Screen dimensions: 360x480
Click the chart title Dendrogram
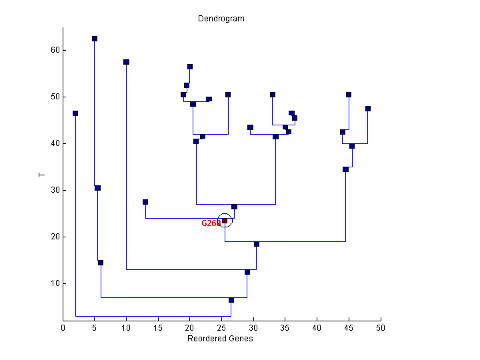tap(221, 19)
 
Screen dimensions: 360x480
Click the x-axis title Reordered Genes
tap(221, 338)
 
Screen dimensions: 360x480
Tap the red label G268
tap(211, 223)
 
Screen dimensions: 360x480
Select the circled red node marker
tap(225, 221)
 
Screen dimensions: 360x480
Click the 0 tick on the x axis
tap(63, 327)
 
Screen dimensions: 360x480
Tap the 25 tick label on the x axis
tap(221, 327)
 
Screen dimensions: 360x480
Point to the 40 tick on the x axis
tap(317, 327)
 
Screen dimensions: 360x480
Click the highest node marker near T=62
tap(95, 39)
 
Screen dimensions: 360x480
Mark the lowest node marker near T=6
tap(231, 300)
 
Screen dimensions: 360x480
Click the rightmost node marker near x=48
tap(368, 109)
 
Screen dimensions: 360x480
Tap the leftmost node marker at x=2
tap(75, 113)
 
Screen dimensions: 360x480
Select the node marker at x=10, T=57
tap(126, 62)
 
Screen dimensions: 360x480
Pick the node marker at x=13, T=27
tap(145, 202)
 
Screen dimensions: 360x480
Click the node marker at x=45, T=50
tap(349, 95)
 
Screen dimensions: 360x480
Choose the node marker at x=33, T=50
tap(273, 95)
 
